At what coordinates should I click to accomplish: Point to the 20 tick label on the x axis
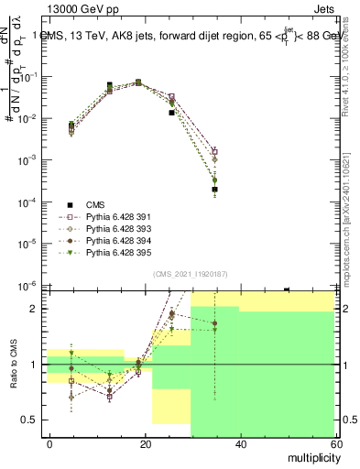[x=146, y=443]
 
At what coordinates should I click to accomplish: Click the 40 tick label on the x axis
[x=240, y=443]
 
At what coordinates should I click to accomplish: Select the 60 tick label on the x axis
[x=334, y=443]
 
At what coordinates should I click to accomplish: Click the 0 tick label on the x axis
[x=50, y=443]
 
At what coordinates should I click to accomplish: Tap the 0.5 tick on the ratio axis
[x=28, y=420]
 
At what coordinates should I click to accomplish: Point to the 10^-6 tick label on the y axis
[x=27, y=285]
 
